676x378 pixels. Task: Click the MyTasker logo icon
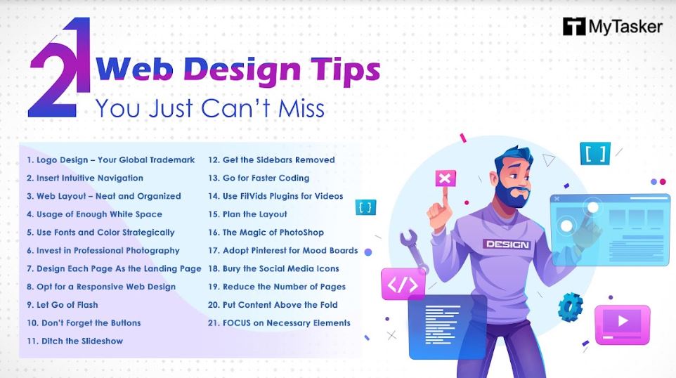click(574, 27)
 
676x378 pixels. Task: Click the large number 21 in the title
click(60, 67)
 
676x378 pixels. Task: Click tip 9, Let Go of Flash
click(63, 305)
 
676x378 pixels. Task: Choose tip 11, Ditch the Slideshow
click(74, 341)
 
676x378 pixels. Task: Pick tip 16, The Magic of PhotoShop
click(266, 233)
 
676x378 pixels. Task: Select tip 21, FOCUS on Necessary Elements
click(279, 322)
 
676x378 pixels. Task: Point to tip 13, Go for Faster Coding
click(259, 178)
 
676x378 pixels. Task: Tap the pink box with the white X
click(446, 178)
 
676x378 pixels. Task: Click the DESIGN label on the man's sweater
click(507, 245)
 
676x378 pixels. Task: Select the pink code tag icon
click(403, 284)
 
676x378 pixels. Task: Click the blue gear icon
click(571, 307)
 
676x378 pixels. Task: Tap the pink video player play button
click(623, 320)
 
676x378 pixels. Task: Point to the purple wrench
click(414, 251)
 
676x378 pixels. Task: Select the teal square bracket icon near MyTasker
click(595, 153)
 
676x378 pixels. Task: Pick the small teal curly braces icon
click(365, 207)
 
